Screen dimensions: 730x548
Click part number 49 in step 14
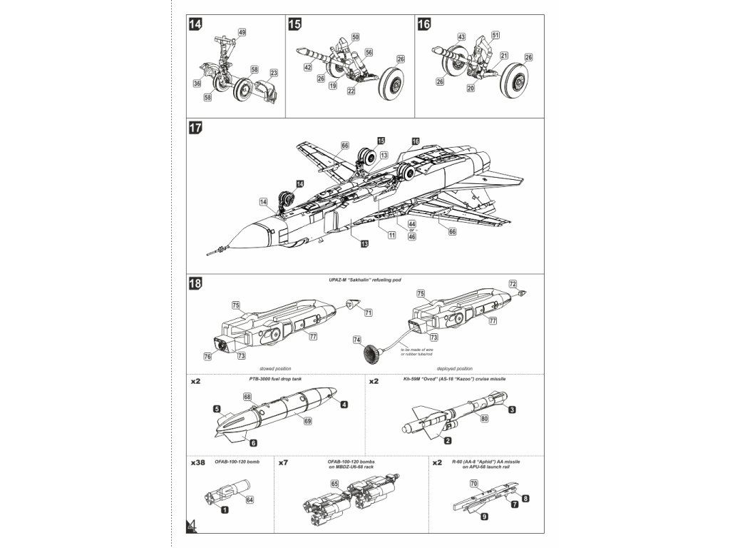(242, 33)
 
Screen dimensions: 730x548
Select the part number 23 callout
(274, 73)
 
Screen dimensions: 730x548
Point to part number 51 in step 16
(495, 34)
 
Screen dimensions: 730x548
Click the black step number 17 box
(195, 128)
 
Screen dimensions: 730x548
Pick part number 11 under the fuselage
(392, 235)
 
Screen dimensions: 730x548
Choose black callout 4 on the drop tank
(344, 405)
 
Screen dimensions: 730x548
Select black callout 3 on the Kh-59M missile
(512, 409)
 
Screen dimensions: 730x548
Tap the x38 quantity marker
(198, 463)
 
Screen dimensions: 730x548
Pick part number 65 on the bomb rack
(334, 483)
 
